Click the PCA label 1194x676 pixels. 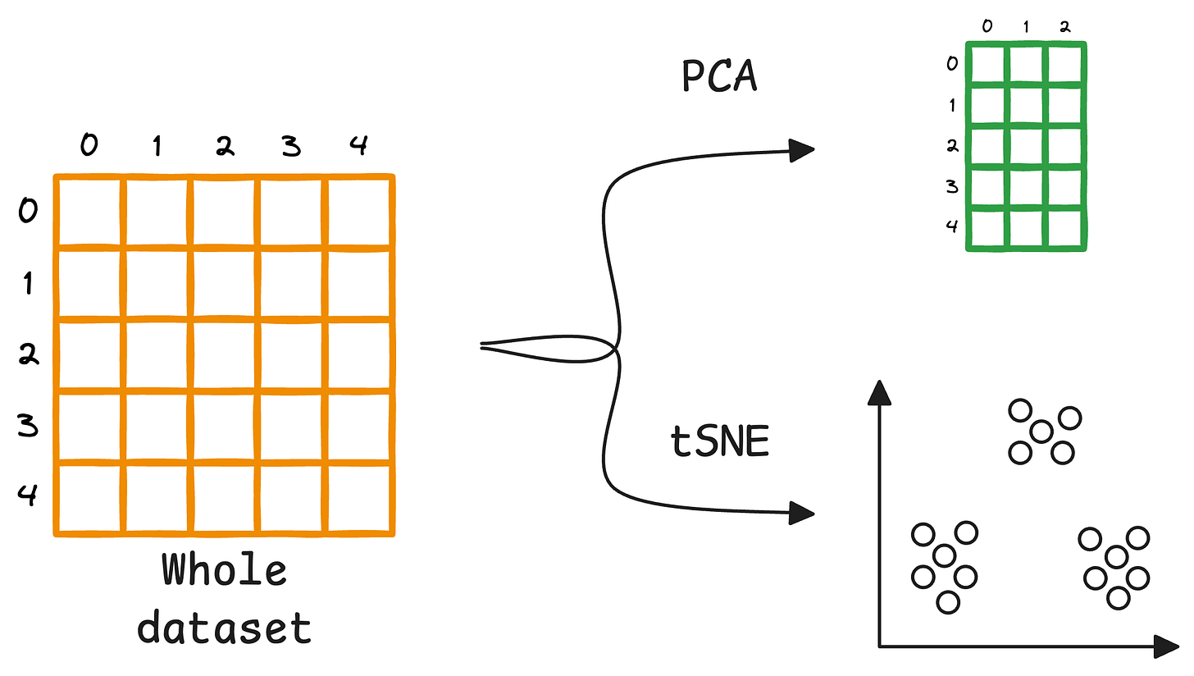(x=720, y=76)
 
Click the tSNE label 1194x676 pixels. (x=720, y=442)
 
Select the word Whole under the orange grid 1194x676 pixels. (x=224, y=570)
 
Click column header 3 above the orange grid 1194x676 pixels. (x=290, y=146)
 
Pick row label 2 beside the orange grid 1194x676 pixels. (x=29, y=355)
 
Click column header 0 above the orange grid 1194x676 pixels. (x=88, y=146)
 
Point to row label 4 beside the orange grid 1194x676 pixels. (x=29, y=495)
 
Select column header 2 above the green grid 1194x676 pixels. (x=1064, y=26)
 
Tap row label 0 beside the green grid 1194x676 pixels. (x=952, y=63)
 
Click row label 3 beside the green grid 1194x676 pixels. (x=952, y=186)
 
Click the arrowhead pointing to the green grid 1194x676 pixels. (x=801, y=149)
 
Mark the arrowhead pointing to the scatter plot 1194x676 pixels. (x=801, y=513)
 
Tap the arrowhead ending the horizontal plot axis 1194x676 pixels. (x=1166, y=646)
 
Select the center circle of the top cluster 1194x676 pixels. (x=1041, y=432)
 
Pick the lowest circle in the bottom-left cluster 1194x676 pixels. (x=947, y=602)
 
